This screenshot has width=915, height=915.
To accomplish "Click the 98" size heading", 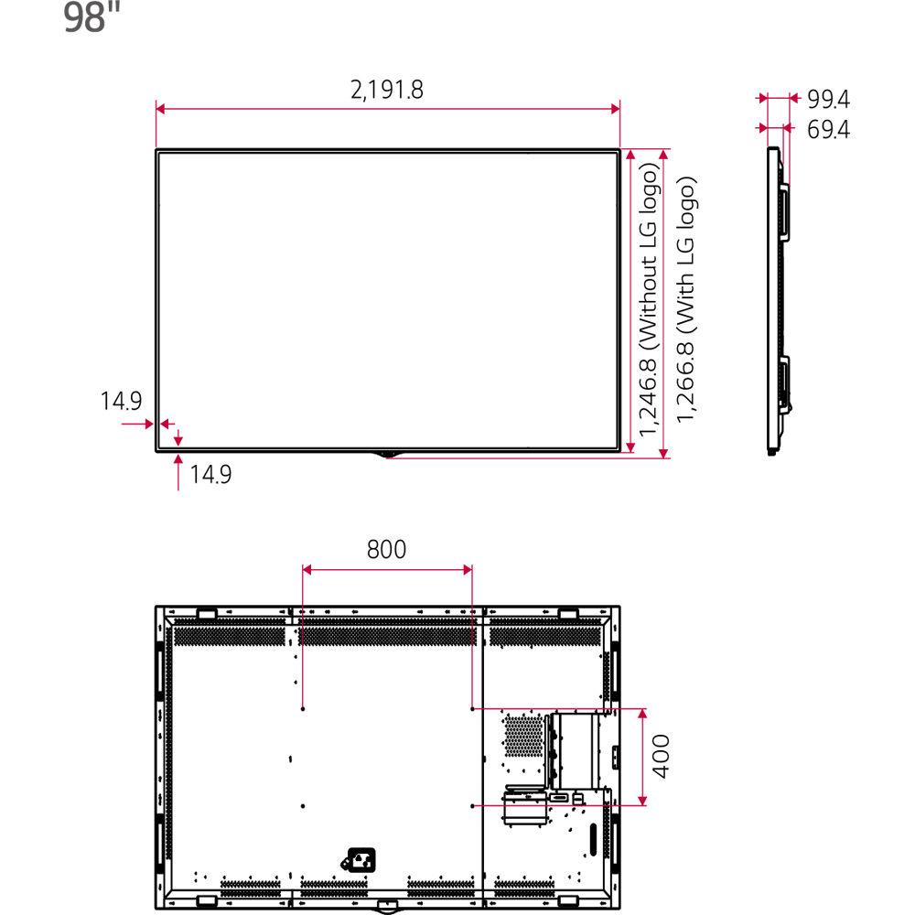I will tap(92, 18).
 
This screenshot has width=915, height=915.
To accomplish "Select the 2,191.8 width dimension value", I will tap(388, 91).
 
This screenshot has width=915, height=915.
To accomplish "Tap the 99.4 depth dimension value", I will tap(828, 98).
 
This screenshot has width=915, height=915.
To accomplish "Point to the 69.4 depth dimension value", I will tap(828, 130).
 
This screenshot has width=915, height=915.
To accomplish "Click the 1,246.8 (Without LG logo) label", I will tap(648, 300).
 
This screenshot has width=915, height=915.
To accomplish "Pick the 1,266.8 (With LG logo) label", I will tap(687, 300).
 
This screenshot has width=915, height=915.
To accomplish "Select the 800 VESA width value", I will tap(386, 549).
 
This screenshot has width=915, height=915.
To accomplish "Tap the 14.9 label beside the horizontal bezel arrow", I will tap(120, 401).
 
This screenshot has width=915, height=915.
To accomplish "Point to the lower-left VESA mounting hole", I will tap(302, 805).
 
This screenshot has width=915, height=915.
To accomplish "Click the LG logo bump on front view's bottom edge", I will tap(388, 453).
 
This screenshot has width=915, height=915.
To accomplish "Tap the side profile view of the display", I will tap(776, 300).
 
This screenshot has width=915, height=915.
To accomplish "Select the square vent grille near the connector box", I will tap(522, 737).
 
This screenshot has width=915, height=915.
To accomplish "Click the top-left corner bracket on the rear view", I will tap(205, 612).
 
